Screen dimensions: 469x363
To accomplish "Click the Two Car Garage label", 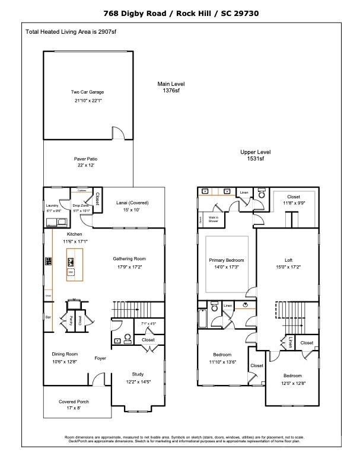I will [88, 92].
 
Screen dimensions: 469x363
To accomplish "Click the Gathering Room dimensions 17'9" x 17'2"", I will [129, 267].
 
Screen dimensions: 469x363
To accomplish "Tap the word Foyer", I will [100, 358].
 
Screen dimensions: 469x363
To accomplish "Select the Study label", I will [138, 374].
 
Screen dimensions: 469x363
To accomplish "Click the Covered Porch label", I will [74, 401].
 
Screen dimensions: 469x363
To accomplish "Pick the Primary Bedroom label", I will [227, 260].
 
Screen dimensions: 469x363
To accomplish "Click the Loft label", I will [288, 260].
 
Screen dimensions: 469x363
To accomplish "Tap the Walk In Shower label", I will [213, 219].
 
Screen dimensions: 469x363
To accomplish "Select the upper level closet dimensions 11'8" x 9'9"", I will [294, 204].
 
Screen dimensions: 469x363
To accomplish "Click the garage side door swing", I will [119, 133].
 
